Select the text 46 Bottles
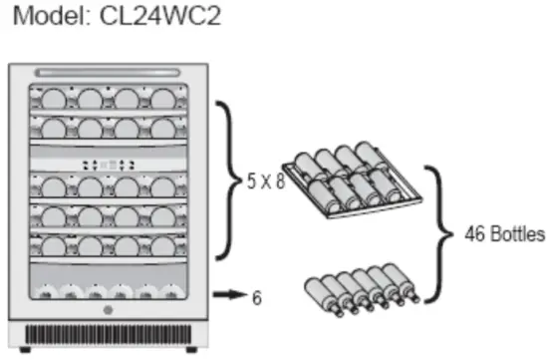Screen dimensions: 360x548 click(504, 235)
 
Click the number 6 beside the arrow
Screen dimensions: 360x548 click(256, 296)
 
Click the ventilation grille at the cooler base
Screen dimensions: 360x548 click(113, 333)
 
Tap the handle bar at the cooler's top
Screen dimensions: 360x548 click(113, 72)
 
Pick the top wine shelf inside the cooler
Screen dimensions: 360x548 click(113, 98)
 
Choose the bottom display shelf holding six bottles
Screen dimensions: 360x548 click(113, 290)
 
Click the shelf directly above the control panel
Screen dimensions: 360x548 click(113, 128)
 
